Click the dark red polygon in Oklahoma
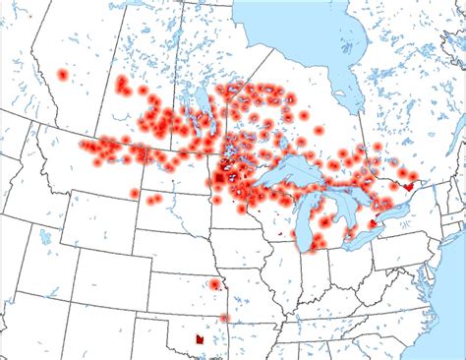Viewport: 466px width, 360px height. click(x=200, y=337)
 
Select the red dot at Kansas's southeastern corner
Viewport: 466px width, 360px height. click(x=225, y=318)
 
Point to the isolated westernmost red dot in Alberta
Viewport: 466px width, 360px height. click(x=63, y=75)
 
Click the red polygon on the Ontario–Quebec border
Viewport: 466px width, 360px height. click(x=406, y=183)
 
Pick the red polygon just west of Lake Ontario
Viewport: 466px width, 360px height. click(x=373, y=224)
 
